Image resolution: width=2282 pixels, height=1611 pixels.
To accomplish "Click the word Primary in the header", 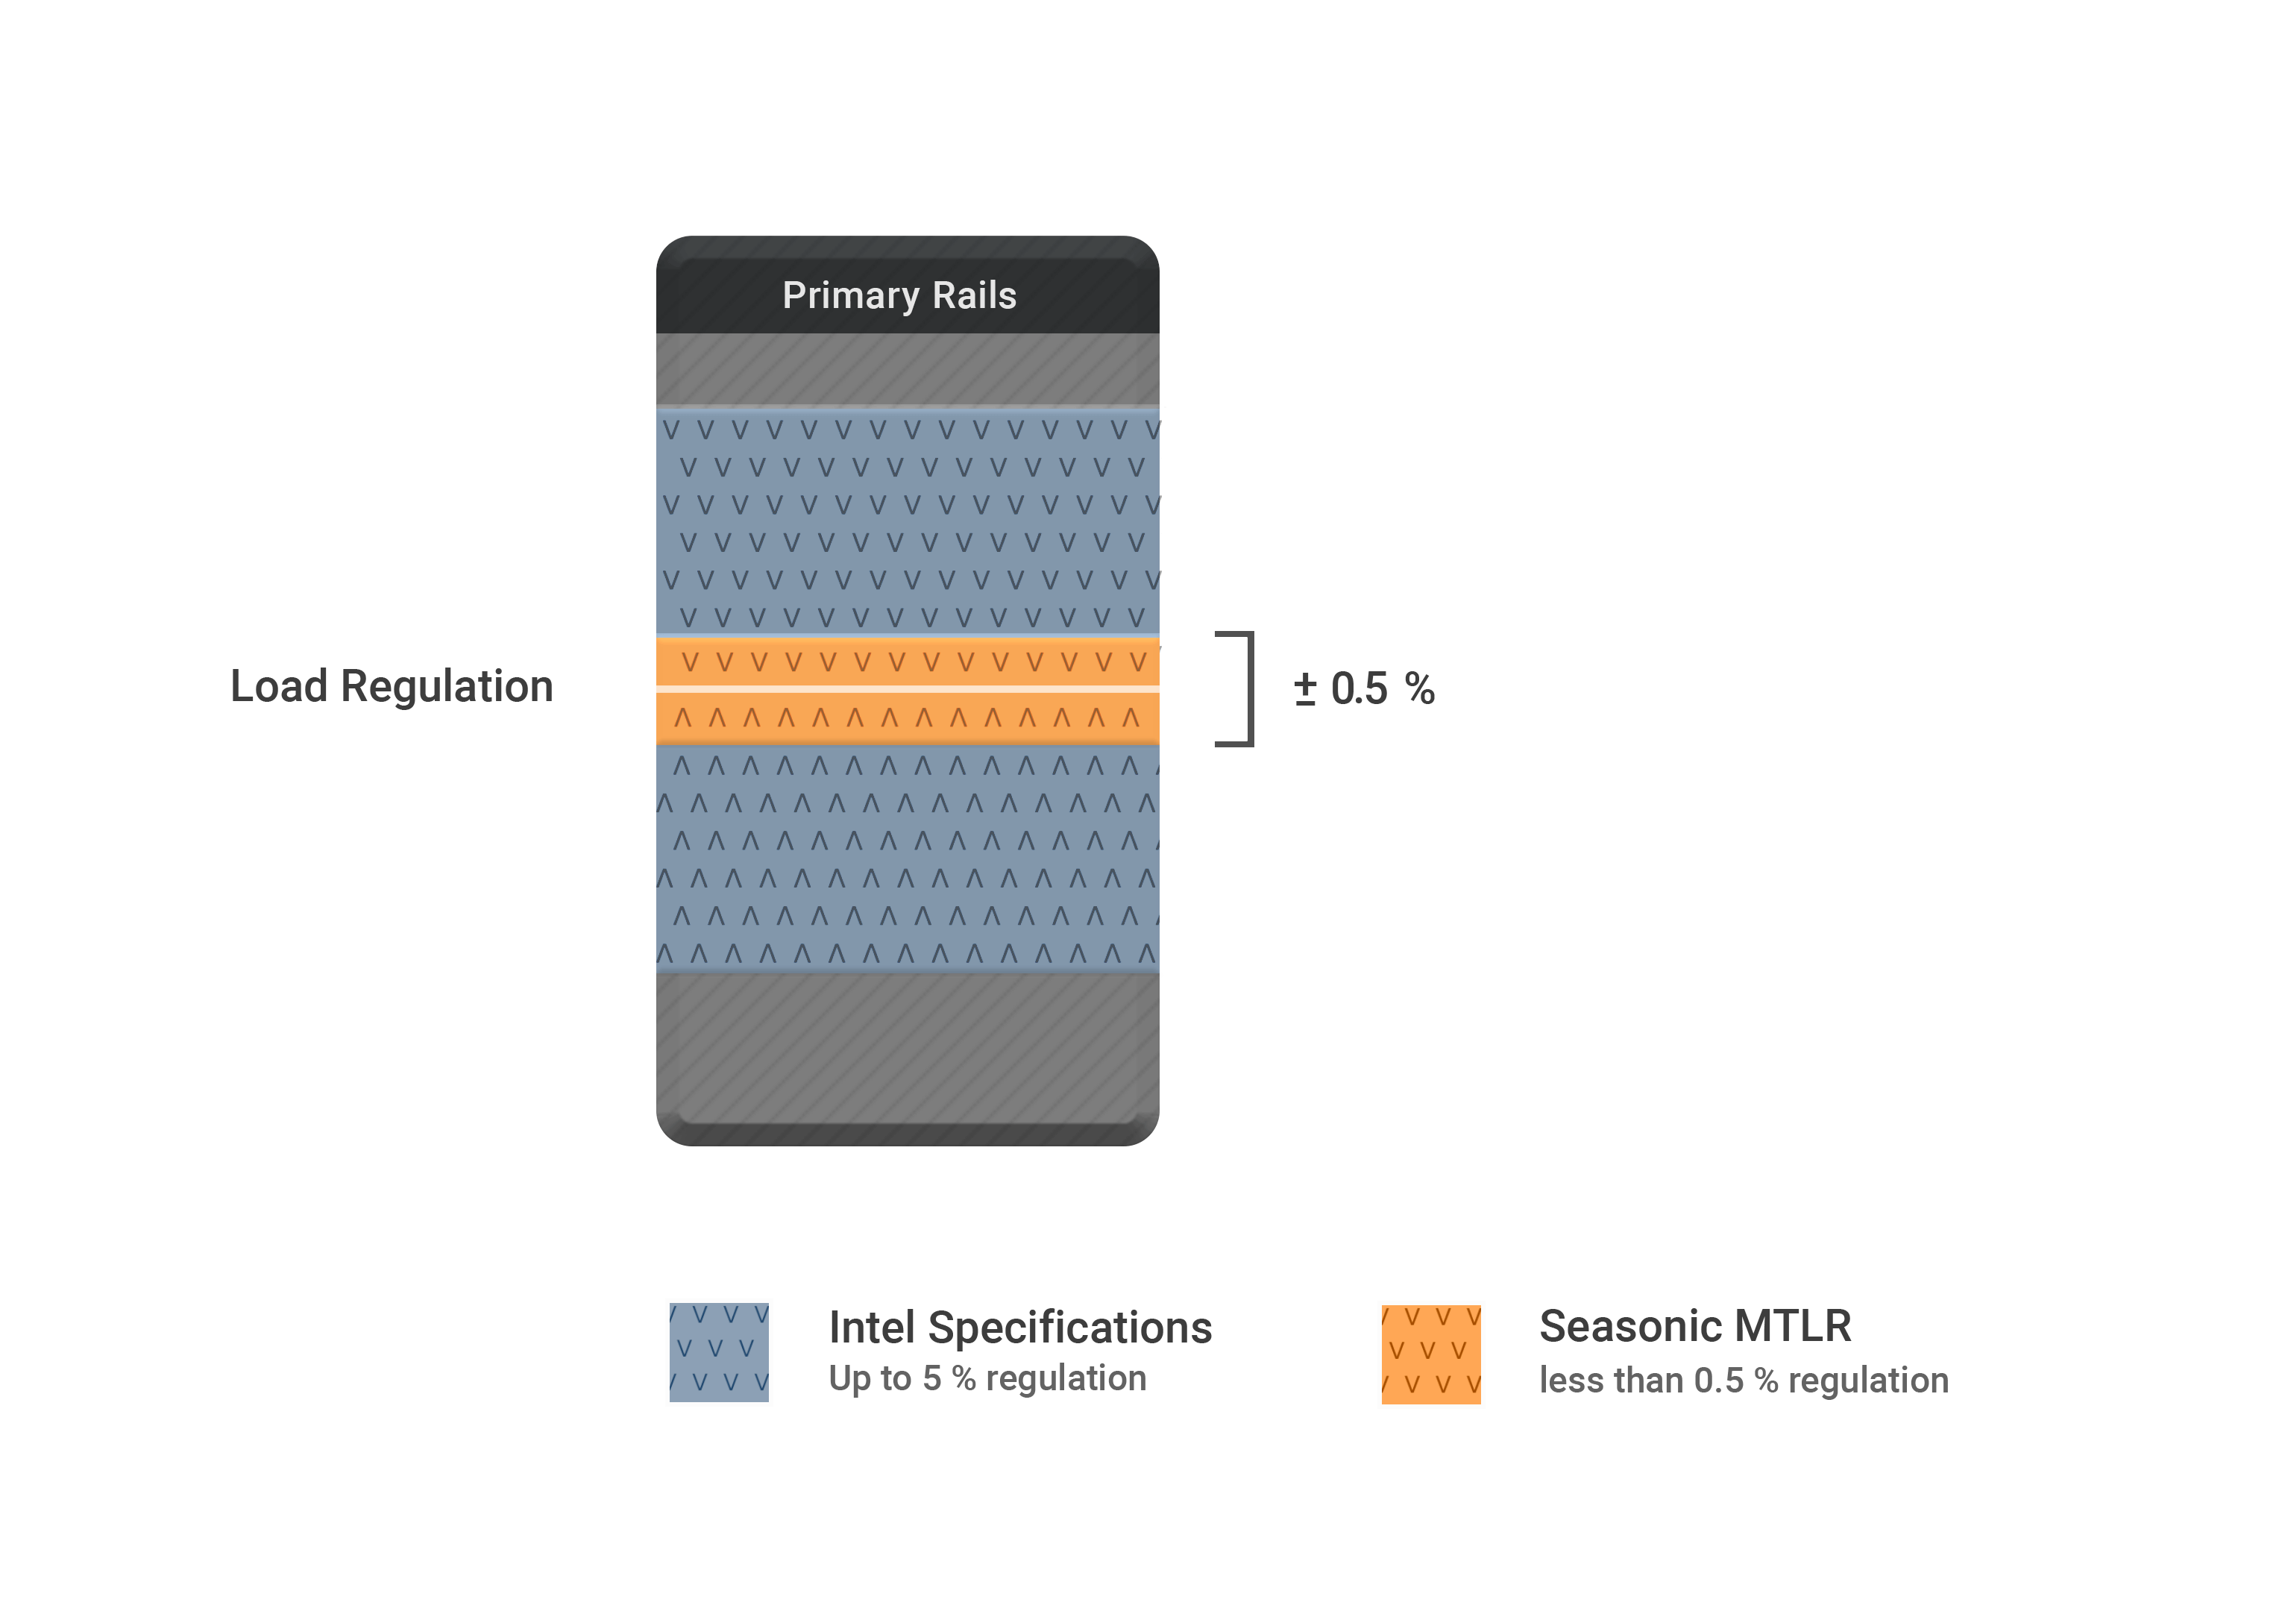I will point(850,296).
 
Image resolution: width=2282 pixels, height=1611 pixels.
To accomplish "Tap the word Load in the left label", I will point(278,687).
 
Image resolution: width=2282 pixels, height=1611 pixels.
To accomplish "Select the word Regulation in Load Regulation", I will point(446,687).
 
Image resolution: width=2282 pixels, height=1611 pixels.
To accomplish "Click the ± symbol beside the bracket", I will point(1305,688).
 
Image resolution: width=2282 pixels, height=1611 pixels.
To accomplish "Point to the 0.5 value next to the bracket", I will point(1359,688).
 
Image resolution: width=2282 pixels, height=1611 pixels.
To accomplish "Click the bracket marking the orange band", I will point(1248,688).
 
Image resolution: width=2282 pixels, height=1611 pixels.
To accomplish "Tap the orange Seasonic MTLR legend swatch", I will point(1430,1354).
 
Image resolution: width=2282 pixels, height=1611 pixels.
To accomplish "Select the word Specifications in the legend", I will point(1069,1328).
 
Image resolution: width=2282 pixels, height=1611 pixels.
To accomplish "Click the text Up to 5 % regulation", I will point(987,1378).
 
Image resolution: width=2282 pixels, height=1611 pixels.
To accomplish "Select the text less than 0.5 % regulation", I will point(1744,1381).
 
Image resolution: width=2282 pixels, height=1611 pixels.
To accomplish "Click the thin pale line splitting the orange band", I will point(908,688).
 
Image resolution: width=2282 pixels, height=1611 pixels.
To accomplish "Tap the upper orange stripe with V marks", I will point(908,662).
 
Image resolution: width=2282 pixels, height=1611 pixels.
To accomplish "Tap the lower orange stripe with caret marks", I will point(908,717).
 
